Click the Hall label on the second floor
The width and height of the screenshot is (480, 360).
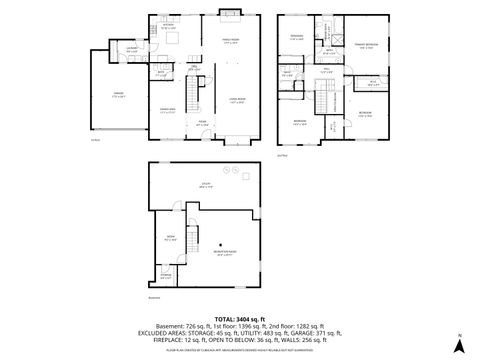coord(327,71)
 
